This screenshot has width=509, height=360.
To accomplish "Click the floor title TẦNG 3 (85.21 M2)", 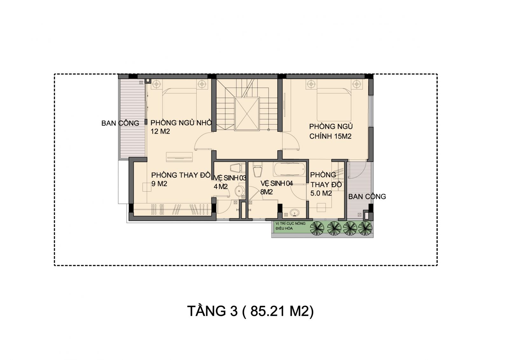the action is (251, 311).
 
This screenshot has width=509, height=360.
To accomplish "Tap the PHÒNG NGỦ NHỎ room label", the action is (181, 123).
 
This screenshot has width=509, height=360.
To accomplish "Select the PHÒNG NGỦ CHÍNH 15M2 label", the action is (331, 131).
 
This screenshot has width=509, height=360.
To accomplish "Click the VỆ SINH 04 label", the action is (276, 183).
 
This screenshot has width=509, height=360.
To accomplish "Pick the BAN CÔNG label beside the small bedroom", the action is (120, 123).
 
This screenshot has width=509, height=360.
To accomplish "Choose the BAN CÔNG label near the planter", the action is (367, 196).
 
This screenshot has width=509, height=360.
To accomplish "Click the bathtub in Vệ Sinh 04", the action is (289, 169).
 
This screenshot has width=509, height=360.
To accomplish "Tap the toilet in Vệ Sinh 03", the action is (238, 168).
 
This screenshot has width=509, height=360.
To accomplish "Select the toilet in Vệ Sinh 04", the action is (258, 170).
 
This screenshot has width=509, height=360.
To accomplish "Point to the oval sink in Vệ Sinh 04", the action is (295, 213).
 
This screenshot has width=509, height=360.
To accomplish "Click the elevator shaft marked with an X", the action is (247, 114).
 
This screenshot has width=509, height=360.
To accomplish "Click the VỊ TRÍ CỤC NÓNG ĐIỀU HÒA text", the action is (290, 226).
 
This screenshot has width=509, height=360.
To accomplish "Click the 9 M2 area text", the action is (159, 184).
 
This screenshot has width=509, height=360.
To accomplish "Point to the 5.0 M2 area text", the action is (321, 193).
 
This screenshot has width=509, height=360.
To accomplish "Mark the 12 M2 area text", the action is (160, 131).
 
